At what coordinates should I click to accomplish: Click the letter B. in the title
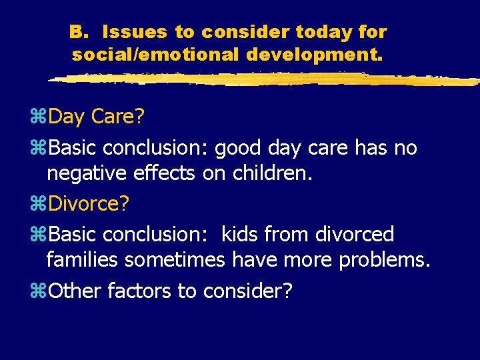78,31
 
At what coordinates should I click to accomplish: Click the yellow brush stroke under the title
260,79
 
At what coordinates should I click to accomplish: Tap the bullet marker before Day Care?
39,117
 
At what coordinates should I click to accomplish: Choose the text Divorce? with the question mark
89,204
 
